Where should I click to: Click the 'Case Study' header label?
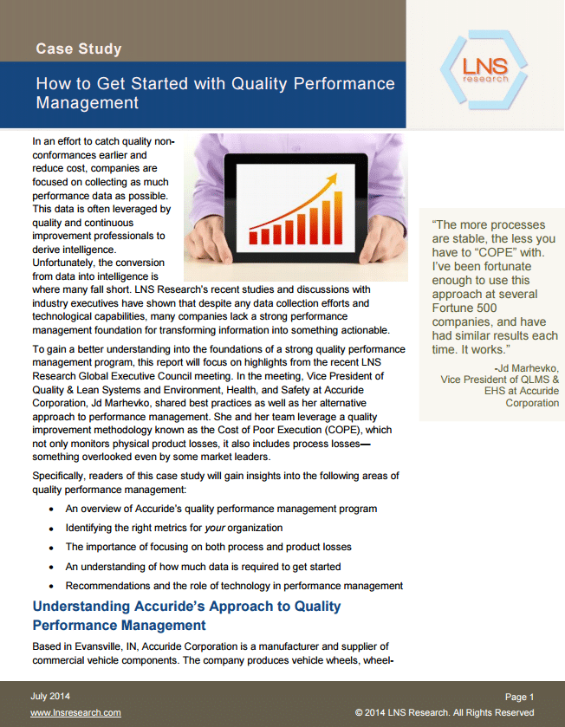point(78,49)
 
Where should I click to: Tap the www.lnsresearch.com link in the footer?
point(75,712)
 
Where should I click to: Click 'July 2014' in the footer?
point(50,696)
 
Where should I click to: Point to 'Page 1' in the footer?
point(519,697)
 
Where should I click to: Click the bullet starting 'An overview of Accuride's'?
point(221,509)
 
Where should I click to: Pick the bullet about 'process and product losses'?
point(208,547)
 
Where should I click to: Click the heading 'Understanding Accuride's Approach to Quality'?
point(186,607)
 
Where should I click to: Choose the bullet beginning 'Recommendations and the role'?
point(234,586)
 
